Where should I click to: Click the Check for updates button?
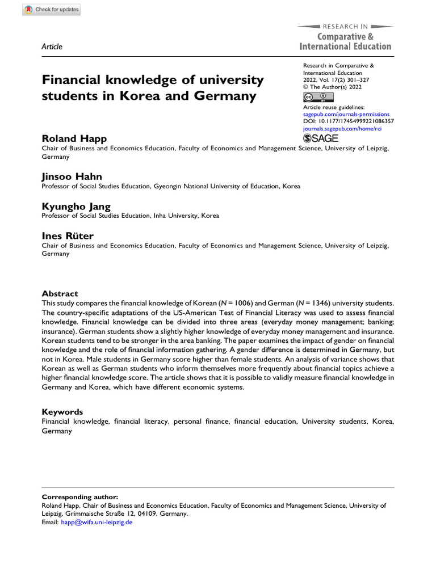click(52, 10)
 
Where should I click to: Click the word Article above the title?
click(52, 47)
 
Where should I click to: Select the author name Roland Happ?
click(74, 139)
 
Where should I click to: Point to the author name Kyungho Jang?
click(76, 207)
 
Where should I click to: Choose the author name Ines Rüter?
click(68, 236)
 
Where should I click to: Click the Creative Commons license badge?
click(318, 97)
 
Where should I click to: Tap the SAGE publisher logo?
click(321, 138)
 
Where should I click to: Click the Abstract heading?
click(60, 293)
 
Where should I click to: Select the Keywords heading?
click(62, 411)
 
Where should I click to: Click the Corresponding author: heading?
click(80, 496)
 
